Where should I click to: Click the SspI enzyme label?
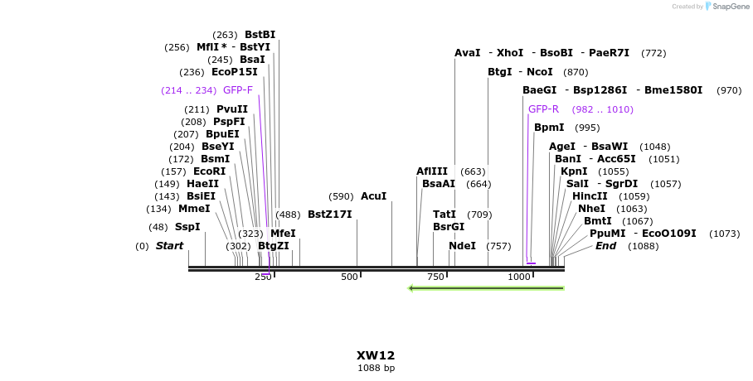[x=187, y=227]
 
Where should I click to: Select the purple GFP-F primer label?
[x=238, y=90]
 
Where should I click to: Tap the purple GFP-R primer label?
[x=543, y=109]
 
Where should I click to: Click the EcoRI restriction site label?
[x=209, y=171]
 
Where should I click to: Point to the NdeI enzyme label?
[x=462, y=246]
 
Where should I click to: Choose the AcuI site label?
[x=373, y=196]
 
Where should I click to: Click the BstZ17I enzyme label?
[x=330, y=215]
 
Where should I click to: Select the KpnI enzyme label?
[x=574, y=171]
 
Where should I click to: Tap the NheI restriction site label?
[x=592, y=209]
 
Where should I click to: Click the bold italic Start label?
[x=169, y=246]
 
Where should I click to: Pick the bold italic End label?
[x=605, y=246]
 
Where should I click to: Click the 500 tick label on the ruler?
[x=350, y=277]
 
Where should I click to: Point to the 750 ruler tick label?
[x=436, y=277]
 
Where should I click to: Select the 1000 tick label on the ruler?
[x=520, y=277]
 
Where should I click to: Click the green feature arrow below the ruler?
[x=486, y=288]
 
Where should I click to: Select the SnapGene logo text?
[x=726, y=7]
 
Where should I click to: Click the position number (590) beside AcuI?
[x=341, y=196]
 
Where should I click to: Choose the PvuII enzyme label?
[x=232, y=109]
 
